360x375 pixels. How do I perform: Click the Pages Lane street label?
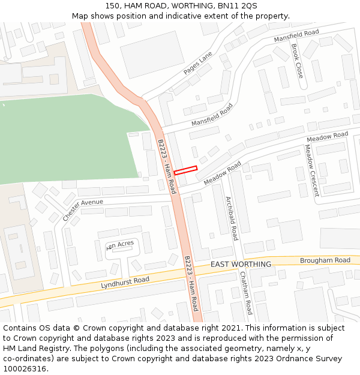pyautogui.click(x=198, y=63)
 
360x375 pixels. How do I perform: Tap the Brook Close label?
pyautogui.click(x=297, y=61)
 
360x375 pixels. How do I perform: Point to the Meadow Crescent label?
pyautogui.click(x=311, y=170)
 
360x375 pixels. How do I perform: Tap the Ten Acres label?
pyautogui.click(x=120, y=245)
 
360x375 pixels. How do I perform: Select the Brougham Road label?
pyautogui.click(x=325, y=260)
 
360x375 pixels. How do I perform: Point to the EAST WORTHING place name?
pyautogui.click(x=241, y=265)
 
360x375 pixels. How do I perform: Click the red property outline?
pyautogui.click(x=185, y=170)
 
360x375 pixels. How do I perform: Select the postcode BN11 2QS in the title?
pyautogui.click(x=237, y=5)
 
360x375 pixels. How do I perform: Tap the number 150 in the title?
pyautogui.click(x=112, y=5)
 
